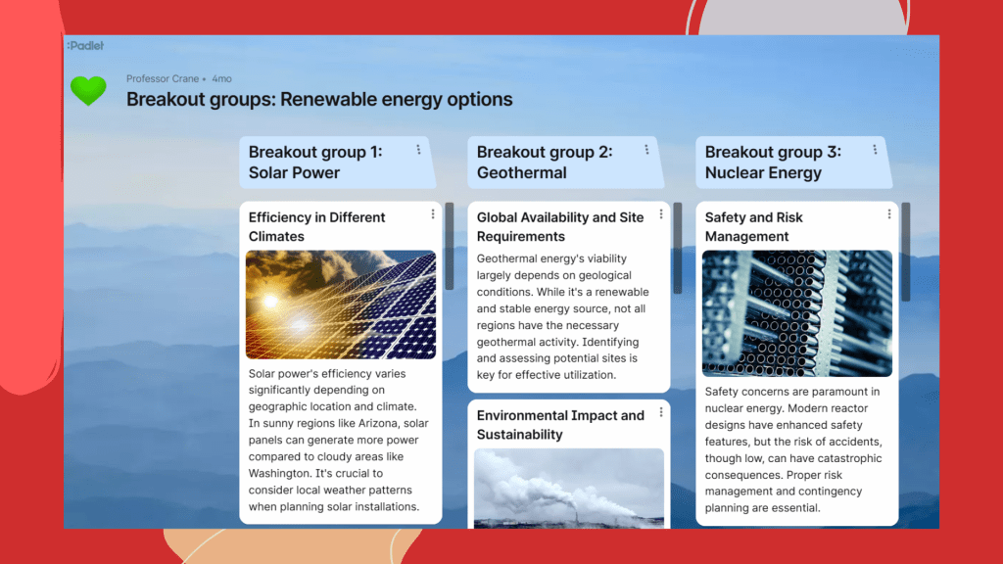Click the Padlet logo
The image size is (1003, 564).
pyautogui.click(x=85, y=45)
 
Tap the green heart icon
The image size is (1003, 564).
pyautogui.click(x=88, y=90)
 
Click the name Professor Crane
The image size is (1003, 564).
pyautogui.click(x=163, y=78)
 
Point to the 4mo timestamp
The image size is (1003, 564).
pyautogui.click(x=222, y=78)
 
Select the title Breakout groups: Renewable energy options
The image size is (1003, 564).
pyautogui.click(x=319, y=99)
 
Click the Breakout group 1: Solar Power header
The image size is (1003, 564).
pyautogui.click(x=315, y=163)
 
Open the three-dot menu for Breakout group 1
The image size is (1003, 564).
pyautogui.click(x=418, y=150)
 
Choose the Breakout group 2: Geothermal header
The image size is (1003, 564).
pyautogui.click(x=545, y=163)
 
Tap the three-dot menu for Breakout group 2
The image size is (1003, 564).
pyautogui.click(x=646, y=150)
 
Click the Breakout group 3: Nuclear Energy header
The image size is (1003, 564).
pyautogui.click(x=773, y=163)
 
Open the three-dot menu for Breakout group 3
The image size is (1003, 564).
pyautogui.click(x=875, y=150)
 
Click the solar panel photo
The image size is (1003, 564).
pyautogui.click(x=341, y=305)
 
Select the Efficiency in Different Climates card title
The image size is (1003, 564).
pyautogui.click(x=316, y=227)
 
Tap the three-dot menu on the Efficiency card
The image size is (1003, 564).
pyautogui.click(x=432, y=214)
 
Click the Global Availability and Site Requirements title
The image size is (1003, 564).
pyautogui.click(x=559, y=227)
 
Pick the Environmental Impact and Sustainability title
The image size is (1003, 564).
pyautogui.click(x=560, y=425)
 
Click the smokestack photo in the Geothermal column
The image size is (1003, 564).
pyautogui.click(x=569, y=488)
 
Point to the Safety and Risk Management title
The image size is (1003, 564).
pyautogui.click(x=753, y=227)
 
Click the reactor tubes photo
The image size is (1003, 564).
pyautogui.click(x=797, y=313)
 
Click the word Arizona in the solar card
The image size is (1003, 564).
pyautogui.click(x=378, y=423)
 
